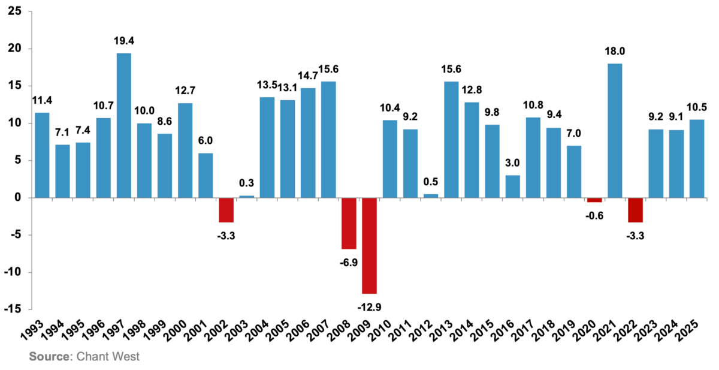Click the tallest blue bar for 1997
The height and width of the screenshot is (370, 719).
click(124, 125)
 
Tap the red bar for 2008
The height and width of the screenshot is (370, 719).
click(349, 223)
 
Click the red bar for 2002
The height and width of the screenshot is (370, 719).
click(226, 210)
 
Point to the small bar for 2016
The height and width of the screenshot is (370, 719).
click(513, 186)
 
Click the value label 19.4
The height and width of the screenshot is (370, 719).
click(124, 41)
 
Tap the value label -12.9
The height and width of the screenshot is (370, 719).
click(370, 307)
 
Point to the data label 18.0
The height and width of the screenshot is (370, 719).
click(615, 52)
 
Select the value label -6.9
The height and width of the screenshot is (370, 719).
click(349, 261)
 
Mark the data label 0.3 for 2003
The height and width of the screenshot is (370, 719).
click(247, 184)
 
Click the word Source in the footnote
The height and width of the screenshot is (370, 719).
click(48, 357)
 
